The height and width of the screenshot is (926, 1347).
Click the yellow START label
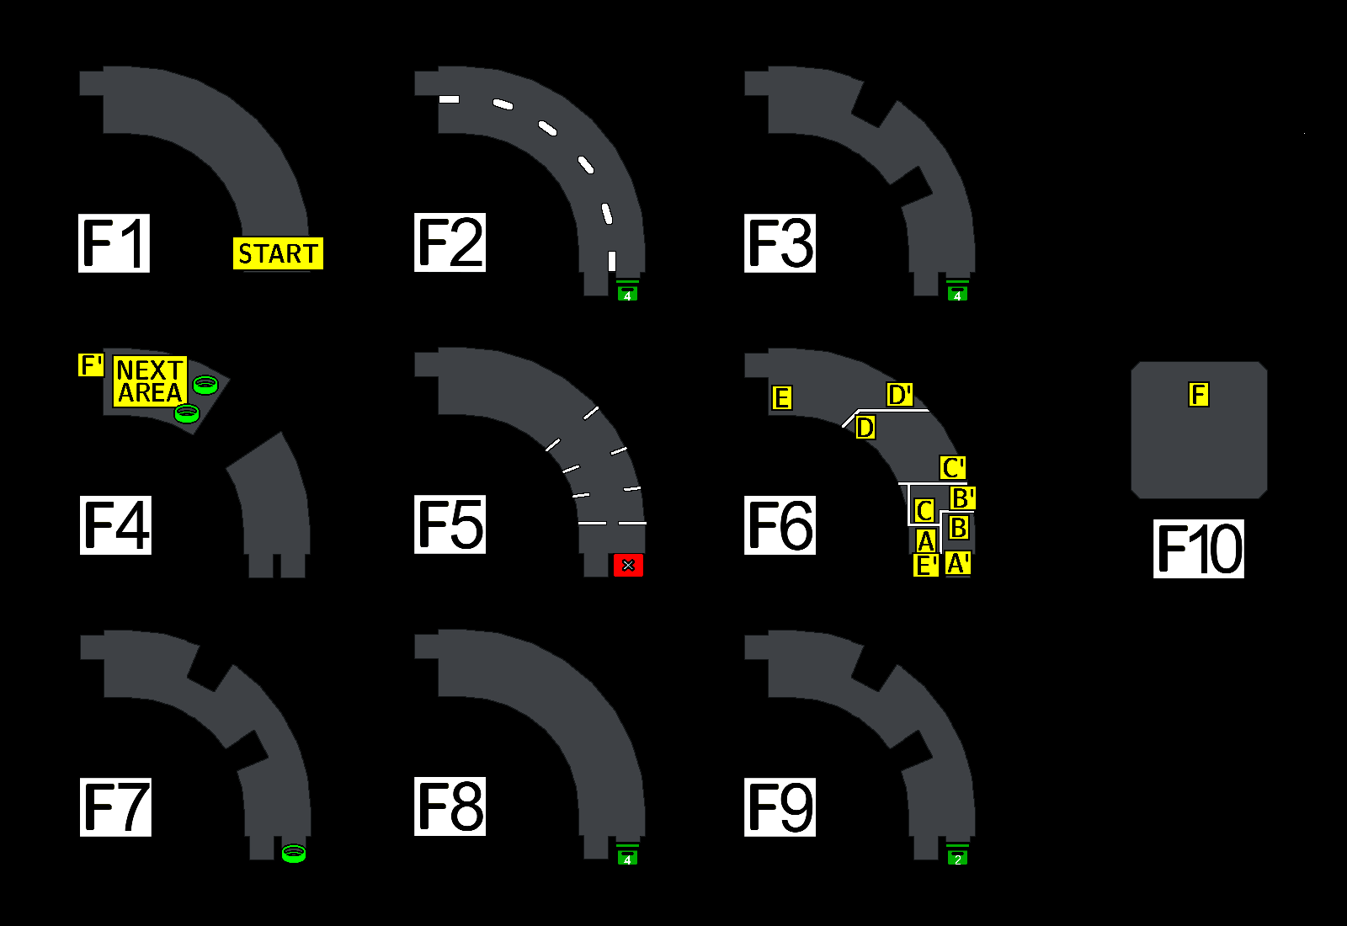tap(278, 253)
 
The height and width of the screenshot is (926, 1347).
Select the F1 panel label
tap(114, 243)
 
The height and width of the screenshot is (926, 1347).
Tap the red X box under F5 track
tap(628, 566)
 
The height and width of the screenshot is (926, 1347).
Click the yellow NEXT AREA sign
tap(150, 381)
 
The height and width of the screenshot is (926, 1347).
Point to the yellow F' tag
tap(91, 365)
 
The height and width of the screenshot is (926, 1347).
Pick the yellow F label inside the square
tap(1199, 394)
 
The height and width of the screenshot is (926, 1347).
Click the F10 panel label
tap(1198, 549)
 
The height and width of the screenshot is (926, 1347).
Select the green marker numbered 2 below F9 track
tap(958, 859)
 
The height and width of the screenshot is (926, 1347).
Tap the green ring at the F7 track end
tap(294, 854)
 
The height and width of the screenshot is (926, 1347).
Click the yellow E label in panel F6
tap(782, 397)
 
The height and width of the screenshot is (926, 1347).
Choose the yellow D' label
tap(900, 395)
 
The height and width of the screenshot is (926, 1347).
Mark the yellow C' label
tap(953, 468)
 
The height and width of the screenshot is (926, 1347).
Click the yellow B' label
tap(962, 498)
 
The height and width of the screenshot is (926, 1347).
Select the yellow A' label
tap(958, 563)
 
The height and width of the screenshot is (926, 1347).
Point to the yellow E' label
tap(926, 566)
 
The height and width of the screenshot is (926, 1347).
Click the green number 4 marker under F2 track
tap(627, 294)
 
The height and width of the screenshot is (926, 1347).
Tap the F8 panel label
tap(450, 806)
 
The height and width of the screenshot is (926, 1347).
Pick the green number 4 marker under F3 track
tap(957, 294)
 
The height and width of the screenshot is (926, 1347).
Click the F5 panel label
tap(450, 524)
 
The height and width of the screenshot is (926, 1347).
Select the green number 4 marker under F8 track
tap(627, 859)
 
